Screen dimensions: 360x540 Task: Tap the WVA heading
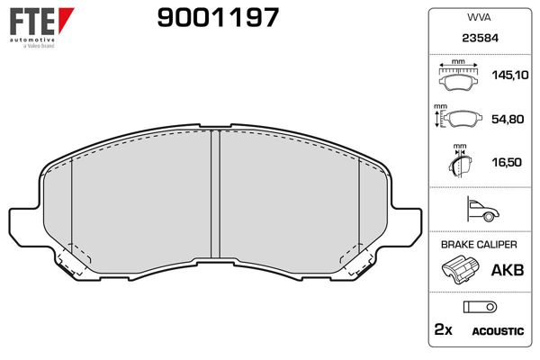477,17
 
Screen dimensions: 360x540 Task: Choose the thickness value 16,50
505,162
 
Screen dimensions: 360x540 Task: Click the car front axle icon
477,211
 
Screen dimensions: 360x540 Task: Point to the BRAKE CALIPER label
477,244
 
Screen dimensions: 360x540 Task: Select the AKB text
504,269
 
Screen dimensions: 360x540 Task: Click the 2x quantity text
444,330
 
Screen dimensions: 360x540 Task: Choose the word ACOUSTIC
498,331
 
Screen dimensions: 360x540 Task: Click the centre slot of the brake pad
215,193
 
